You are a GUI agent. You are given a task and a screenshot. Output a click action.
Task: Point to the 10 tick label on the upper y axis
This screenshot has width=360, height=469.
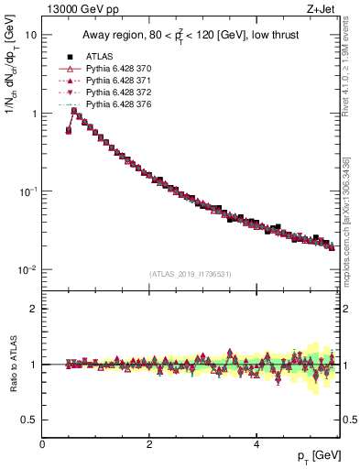[x=30, y=35]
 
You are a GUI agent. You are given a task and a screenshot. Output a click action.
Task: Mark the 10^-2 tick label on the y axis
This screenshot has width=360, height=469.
[x=27, y=270]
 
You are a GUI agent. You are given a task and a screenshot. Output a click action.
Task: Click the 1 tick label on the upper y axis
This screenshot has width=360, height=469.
[x=34, y=114]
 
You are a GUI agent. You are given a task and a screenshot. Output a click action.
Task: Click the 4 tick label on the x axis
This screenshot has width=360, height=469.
[x=256, y=446]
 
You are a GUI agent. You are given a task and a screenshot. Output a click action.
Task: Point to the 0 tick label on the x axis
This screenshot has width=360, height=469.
[x=42, y=446]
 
